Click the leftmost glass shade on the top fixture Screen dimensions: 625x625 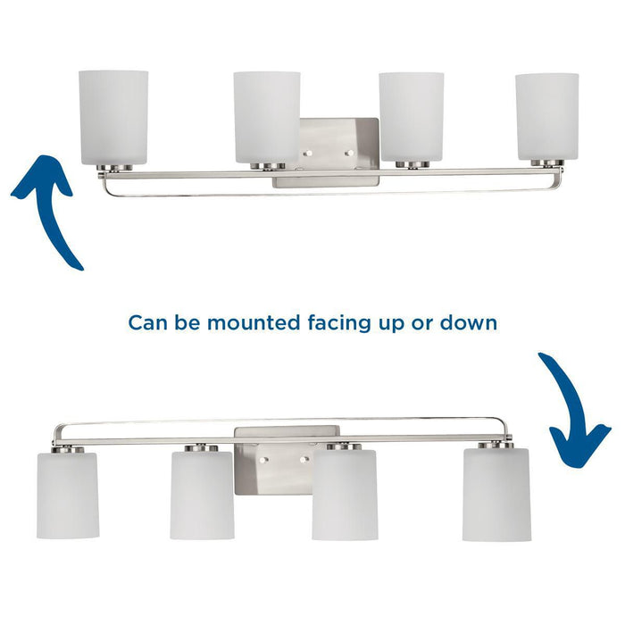pos(114,117)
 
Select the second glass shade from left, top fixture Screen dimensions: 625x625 pos(267,117)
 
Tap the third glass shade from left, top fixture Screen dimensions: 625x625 pos(411,117)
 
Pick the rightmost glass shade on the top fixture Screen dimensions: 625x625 pos(546,117)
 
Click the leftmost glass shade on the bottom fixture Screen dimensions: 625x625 pos(68,496)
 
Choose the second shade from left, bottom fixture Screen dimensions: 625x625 pos(202,496)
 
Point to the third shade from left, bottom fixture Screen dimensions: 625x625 pos(345,496)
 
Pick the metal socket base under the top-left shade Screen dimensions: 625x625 pos(114,167)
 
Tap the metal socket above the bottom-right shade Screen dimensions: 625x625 pos(496,444)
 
